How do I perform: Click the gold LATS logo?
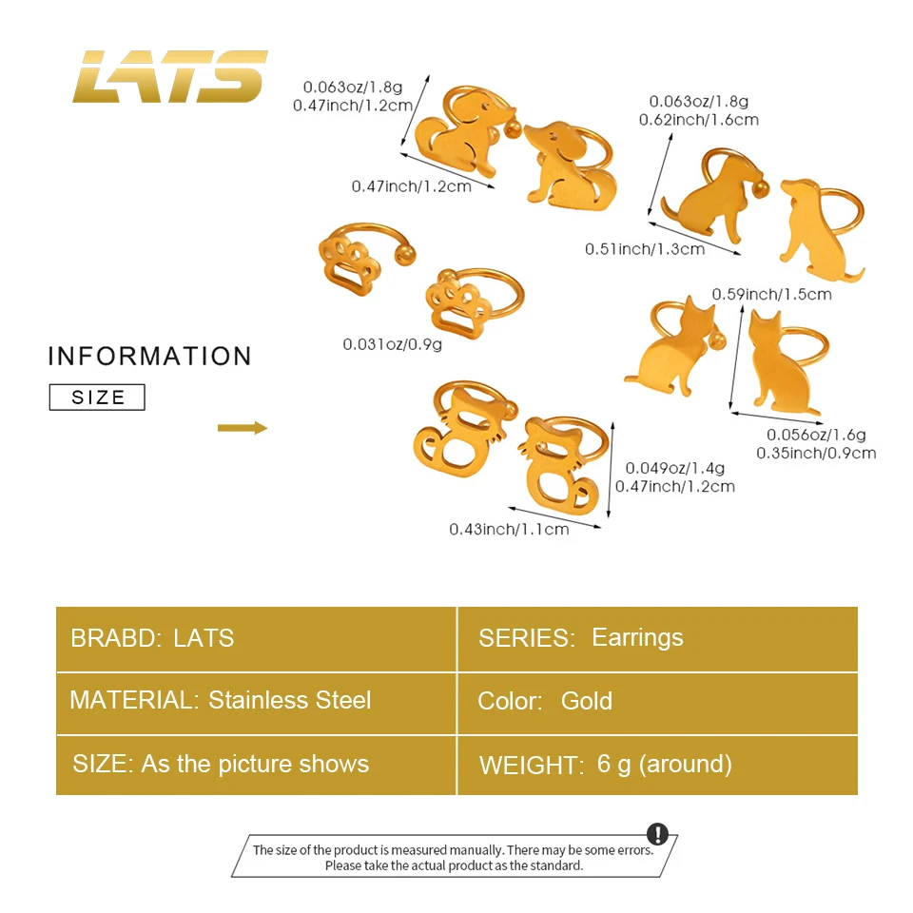point(170,76)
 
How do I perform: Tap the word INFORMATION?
point(150,357)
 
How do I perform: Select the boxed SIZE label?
point(97,398)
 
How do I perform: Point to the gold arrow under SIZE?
point(243,428)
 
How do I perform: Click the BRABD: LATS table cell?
point(256,638)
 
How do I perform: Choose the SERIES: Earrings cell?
point(657,638)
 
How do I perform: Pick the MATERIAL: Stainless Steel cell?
point(256,702)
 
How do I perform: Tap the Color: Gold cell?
point(657,702)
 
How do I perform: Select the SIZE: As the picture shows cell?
point(256,765)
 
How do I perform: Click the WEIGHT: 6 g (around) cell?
point(657,765)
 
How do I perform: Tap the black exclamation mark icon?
point(658,834)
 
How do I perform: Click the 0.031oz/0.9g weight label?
point(393,344)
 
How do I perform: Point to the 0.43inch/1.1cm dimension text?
point(509,529)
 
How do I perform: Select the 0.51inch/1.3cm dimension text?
point(645,249)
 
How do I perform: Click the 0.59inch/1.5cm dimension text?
point(772,294)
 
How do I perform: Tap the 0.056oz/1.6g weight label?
point(817,435)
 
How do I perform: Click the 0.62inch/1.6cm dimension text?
point(704,120)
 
